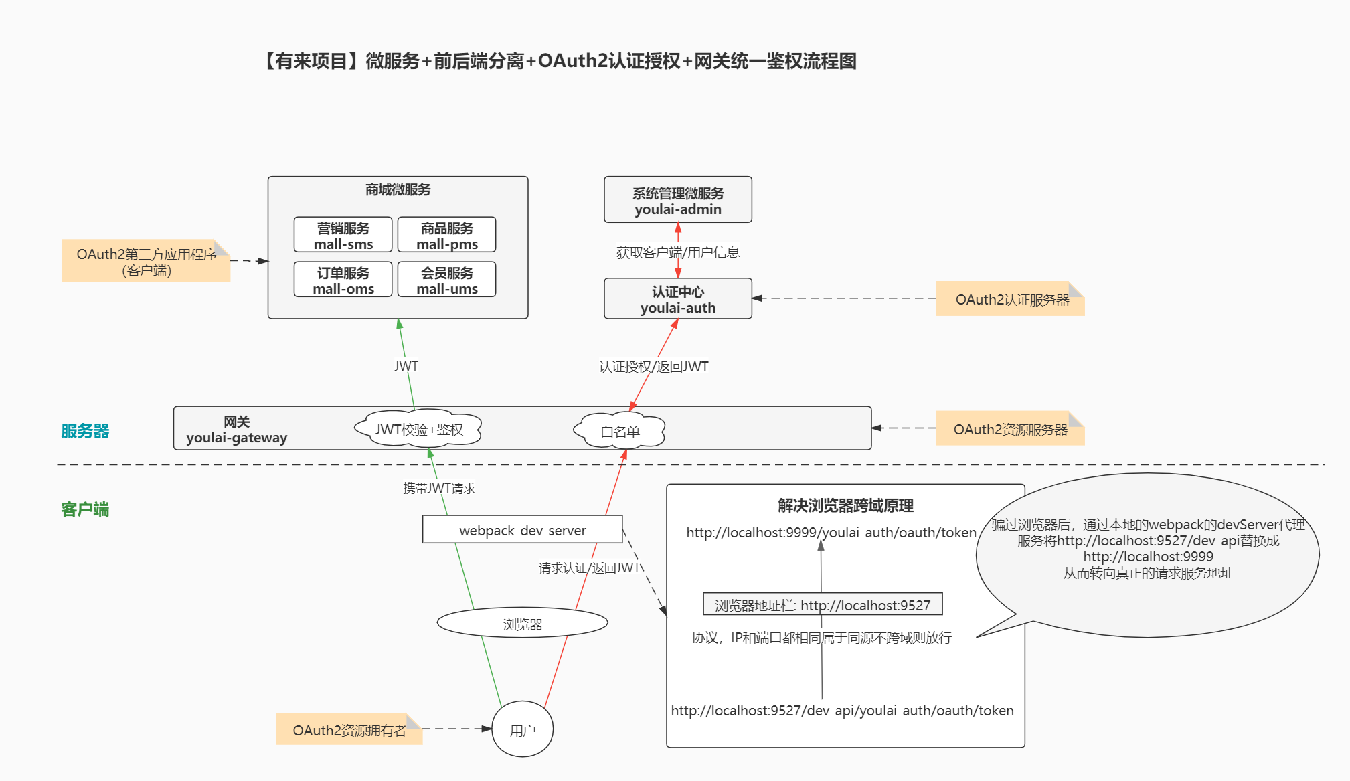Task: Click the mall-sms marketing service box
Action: [343, 235]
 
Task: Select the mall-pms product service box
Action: [447, 235]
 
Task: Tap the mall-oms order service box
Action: [343, 280]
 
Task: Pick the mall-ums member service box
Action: [447, 280]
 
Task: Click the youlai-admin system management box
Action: [678, 199]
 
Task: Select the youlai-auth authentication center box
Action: [678, 298]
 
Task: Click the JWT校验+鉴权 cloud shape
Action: [418, 428]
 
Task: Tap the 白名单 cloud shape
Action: [620, 430]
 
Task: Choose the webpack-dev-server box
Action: [523, 529]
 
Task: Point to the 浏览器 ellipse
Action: [523, 623]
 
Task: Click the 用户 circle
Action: [523, 729]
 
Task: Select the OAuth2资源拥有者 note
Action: [349, 729]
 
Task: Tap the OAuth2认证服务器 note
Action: [1010, 299]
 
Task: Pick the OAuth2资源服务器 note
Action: [1010, 428]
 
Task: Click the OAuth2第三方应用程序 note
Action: [146, 261]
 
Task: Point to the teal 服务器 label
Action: [85, 431]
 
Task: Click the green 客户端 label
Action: [85, 509]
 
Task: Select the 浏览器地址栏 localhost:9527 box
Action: [823, 604]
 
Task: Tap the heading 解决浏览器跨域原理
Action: [845, 505]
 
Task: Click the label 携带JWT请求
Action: [439, 488]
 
